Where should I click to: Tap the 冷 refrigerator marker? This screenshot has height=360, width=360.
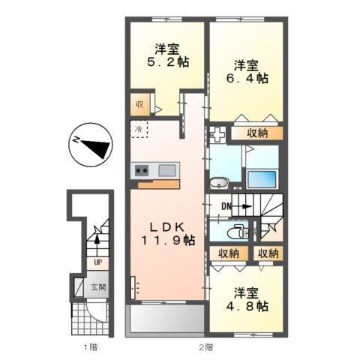coord(140,129)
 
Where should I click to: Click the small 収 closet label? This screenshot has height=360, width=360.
coord(139,105)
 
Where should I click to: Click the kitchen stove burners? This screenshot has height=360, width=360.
coord(142,170)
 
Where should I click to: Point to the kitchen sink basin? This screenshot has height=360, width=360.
coord(166,170)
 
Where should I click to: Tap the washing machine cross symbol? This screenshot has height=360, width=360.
coord(218,136)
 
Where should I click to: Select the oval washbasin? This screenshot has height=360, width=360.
coord(218,182)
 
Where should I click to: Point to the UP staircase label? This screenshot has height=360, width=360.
coord(96,262)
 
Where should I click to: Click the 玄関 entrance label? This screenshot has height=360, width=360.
coord(98,286)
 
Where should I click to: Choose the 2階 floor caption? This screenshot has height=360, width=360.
coord(206,346)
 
